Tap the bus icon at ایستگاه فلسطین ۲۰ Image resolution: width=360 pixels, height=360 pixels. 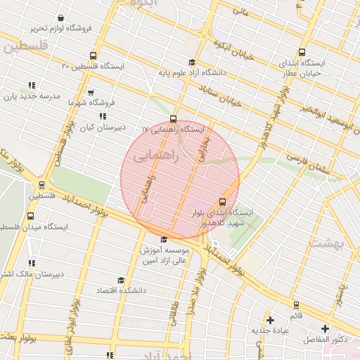click(93, 56)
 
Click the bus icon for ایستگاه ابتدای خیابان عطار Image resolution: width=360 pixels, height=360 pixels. click(302, 52)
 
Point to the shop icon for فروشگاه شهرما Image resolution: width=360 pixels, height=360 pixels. click(90, 92)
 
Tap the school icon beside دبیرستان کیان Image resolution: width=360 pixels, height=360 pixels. click(103, 117)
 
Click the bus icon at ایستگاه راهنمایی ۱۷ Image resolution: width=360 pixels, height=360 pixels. click(174, 119)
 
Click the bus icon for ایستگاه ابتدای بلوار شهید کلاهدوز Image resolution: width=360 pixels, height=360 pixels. click(223, 202)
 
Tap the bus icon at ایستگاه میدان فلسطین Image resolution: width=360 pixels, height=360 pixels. click(42, 186)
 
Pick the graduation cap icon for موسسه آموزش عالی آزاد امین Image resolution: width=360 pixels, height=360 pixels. click(165, 240)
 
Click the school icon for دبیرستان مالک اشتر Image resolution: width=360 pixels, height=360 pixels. click(32, 264)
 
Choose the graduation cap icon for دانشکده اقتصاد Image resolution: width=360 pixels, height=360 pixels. click(120, 280)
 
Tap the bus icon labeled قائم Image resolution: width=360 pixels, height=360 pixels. click(295, 306)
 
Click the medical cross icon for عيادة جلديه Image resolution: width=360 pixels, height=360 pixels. click(270, 320)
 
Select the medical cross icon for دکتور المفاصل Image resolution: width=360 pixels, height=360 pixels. click(325, 328)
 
